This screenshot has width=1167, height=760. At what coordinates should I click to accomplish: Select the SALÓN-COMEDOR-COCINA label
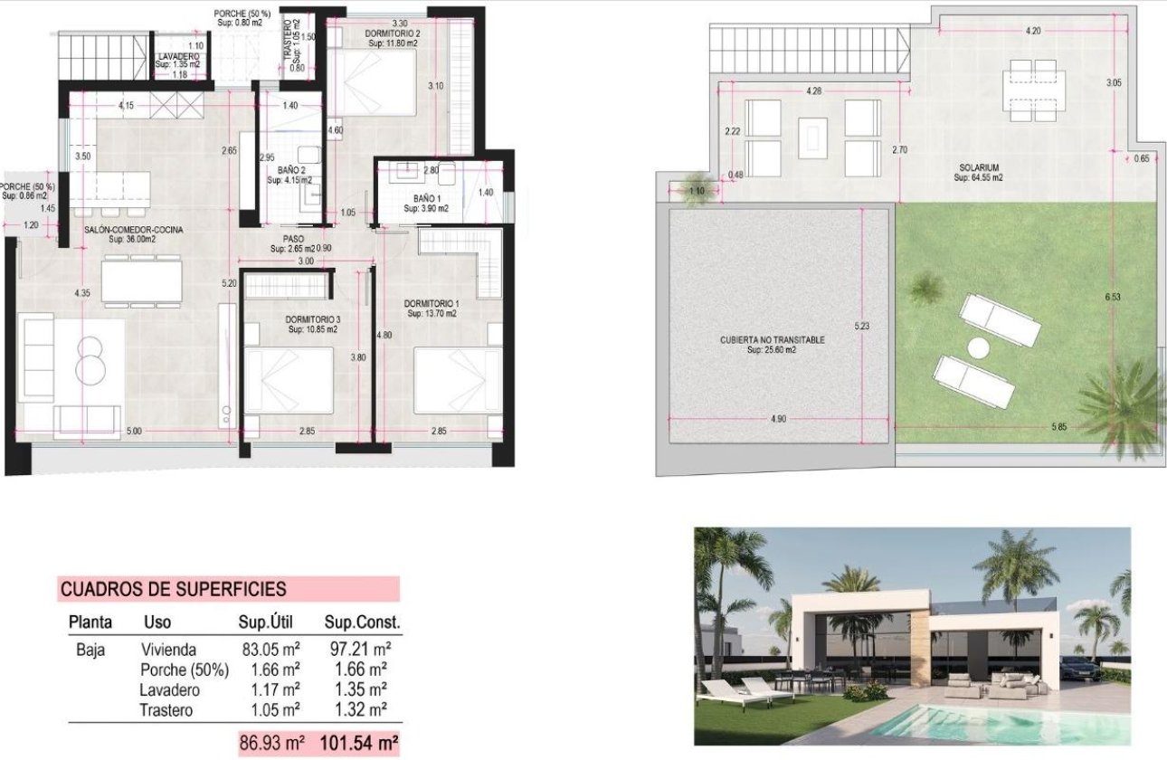click(x=134, y=230)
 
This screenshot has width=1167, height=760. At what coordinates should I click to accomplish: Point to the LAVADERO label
click(x=176, y=56)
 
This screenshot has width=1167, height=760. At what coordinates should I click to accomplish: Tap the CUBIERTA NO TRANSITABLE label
click(x=772, y=340)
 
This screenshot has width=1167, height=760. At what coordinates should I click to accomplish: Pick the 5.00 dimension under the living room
click(x=134, y=432)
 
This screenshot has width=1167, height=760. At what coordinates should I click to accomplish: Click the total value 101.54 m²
click(x=359, y=745)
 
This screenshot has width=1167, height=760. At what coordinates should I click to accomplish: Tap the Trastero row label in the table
click(x=166, y=710)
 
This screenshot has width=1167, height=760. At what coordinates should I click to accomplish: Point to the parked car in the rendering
click(x=1078, y=670)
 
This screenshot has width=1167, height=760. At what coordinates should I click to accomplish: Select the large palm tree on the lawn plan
click(x=1122, y=407)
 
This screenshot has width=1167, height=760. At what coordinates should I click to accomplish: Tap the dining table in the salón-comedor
click(x=143, y=280)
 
